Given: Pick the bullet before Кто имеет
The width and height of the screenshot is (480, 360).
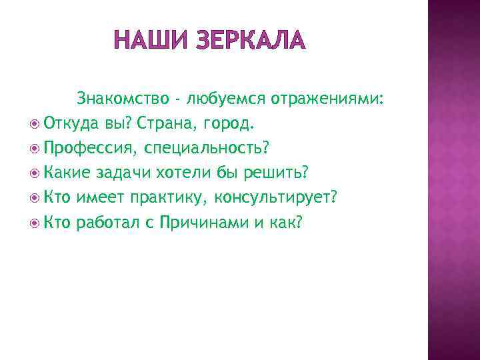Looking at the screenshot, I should [x=35, y=198].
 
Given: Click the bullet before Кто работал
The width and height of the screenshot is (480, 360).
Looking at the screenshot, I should [x=35, y=222].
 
